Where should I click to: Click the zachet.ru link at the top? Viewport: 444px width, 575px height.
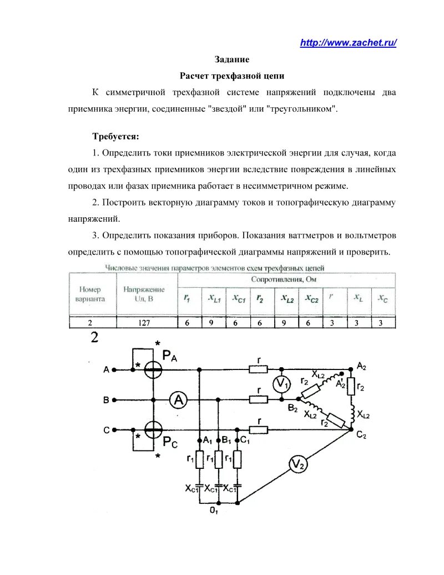(348, 43)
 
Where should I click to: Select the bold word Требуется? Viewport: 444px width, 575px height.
(116, 137)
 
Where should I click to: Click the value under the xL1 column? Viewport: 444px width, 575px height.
(214, 322)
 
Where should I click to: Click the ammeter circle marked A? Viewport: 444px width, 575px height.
(177, 399)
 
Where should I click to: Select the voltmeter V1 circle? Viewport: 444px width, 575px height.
(282, 383)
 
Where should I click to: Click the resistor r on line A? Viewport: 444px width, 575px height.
(259, 368)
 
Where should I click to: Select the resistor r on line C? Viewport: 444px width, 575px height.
(259, 429)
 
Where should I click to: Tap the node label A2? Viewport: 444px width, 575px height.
(361, 365)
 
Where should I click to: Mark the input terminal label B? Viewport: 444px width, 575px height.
(106, 399)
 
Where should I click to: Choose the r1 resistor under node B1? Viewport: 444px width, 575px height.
(219, 459)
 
